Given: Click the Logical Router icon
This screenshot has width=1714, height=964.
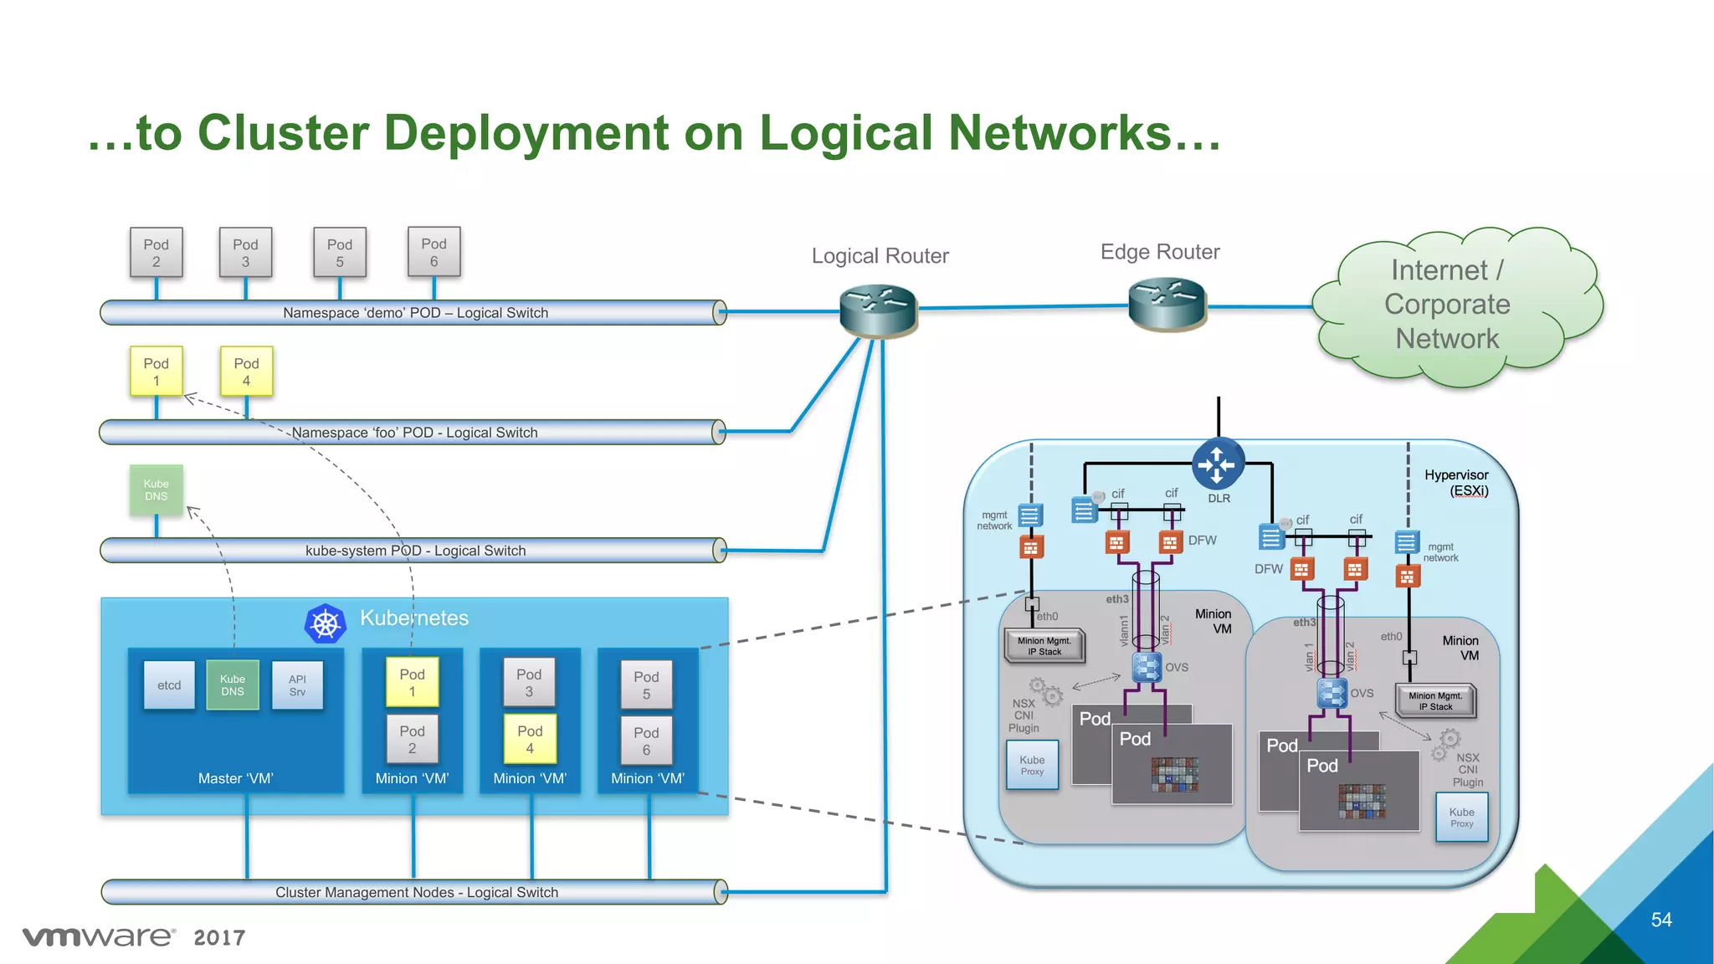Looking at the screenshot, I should tap(878, 310).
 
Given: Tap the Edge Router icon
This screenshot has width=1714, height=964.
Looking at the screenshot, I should tap(1167, 305).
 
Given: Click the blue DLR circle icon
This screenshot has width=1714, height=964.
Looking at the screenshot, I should tap(1218, 464).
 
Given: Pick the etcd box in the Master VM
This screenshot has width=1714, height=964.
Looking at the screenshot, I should tap(169, 685).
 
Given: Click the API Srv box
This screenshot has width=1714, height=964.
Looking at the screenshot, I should tap(297, 685).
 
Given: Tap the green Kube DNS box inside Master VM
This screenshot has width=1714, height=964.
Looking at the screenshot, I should tap(233, 685).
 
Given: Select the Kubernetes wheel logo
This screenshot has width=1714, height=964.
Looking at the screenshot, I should tap(326, 624).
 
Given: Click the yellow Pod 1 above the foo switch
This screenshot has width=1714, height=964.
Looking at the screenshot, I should tap(157, 372).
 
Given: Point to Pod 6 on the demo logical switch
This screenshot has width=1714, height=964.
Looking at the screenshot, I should tap(434, 252).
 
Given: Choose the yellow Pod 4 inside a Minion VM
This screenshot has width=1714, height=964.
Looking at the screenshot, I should tap(530, 740).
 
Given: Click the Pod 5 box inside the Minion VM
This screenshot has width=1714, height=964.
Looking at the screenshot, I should tap(646, 685).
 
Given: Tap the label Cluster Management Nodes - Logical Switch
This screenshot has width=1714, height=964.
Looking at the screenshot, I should tap(417, 893).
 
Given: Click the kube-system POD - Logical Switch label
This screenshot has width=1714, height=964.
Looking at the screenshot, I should tap(415, 551).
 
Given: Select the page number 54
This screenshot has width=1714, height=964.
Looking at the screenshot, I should tap(1661, 920).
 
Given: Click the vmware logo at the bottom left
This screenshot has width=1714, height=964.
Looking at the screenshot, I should tap(99, 936).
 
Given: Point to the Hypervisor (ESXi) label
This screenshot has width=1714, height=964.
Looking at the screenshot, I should tap(1456, 483).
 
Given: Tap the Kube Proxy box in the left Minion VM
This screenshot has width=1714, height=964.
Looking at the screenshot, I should tap(1032, 765).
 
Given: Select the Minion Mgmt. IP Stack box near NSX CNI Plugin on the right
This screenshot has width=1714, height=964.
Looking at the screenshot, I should tap(1435, 701).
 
